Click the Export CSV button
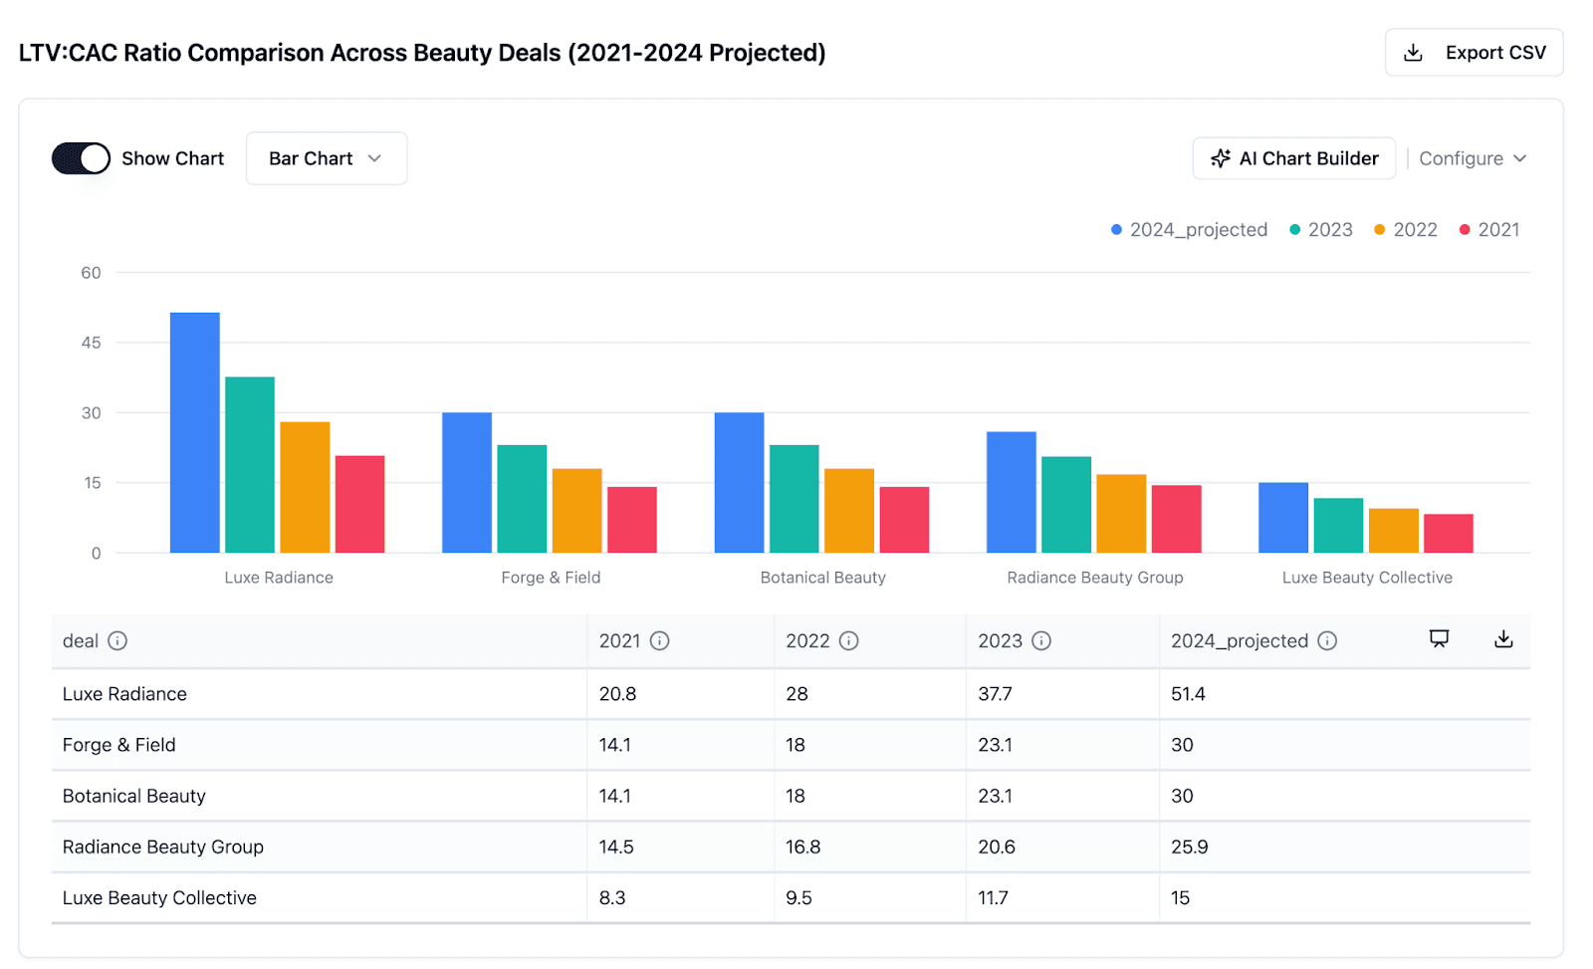pyautogui.click(x=1474, y=53)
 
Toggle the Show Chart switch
pyautogui.click(x=81, y=158)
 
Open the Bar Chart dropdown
pyautogui.click(x=326, y=158)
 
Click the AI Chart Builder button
pyautogui.click(x=1293, y=158)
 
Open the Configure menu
pyautogui.click(x=1472, y=158)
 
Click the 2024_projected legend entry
pyautogui.click(x=1189, y=230)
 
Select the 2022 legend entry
pyautogui.click(x=1406, y=230)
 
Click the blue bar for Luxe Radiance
pyautogui.click(x=195, y=432)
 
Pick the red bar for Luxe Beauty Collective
pyautogui.click(x=1448, y=533)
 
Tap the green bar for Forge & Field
pyautogui.click(x=522, y=498)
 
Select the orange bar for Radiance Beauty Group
pyautogui.click(x=1121, y=513)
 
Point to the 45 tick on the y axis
pyautogui.click(x=91, y=343)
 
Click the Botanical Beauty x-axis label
pyautogui.click(x=822, y=578)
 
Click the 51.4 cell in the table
pyautogui.click(x=1188, y=694)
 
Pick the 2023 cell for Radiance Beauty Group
pyautogui.click(x=997, y=847)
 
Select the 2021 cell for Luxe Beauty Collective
pyautogui.click(x=612, y=897)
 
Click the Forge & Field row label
pyautogui.click(x=119, y=745)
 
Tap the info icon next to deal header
pyautogui.click(x=117, y=640)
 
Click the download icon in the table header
pyautogui.click(x=1503, y=639)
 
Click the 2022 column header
pyautogui.click(x=807, y=640)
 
